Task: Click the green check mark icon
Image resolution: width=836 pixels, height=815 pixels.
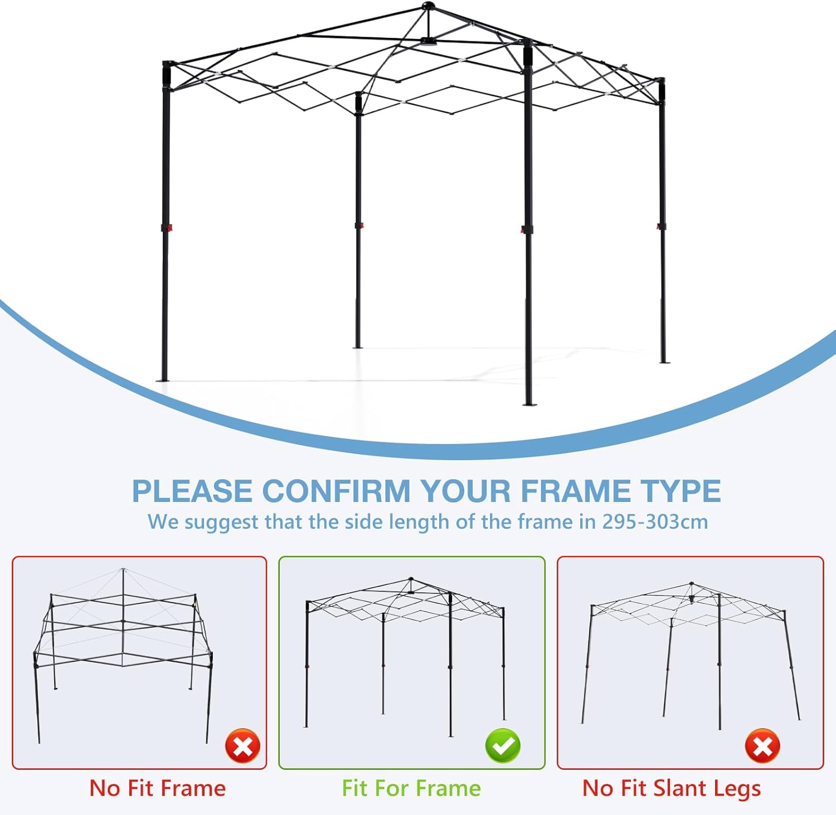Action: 503,746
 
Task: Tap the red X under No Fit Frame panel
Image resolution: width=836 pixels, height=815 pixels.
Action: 242,746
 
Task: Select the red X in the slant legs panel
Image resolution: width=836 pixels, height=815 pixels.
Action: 762,746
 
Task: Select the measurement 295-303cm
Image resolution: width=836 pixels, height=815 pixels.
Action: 655,522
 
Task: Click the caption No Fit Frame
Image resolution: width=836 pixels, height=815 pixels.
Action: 158,788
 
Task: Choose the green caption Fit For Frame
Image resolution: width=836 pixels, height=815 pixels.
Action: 411,788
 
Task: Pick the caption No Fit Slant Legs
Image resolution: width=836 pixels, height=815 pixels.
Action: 672,788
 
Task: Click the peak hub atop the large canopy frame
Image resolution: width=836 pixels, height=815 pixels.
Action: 428,7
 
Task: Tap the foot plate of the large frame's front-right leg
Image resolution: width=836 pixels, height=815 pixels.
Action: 528,403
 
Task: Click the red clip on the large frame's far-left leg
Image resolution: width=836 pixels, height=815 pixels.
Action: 166,227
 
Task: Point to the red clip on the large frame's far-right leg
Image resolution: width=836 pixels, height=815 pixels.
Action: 661,226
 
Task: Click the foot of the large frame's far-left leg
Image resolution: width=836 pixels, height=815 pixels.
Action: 164,380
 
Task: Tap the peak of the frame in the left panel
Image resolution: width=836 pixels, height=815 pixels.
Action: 123,570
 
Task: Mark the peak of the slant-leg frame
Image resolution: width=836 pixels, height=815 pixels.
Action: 692,584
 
